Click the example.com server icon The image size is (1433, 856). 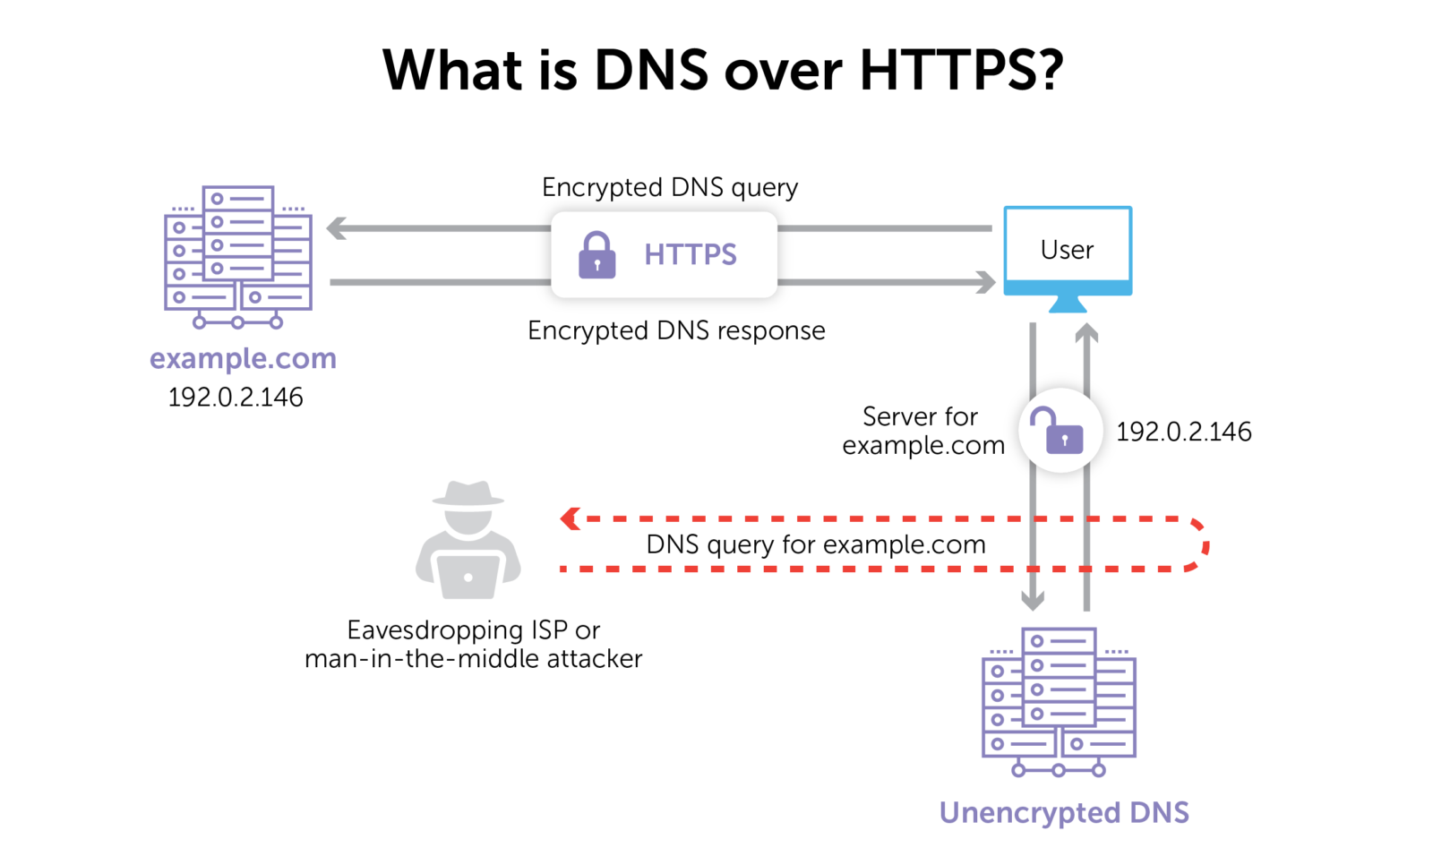coord(238,255)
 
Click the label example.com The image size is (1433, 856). coord(243,359)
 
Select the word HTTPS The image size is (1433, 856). coord(690,255)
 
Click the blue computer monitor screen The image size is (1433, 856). coord(1068,250)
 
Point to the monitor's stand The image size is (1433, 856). coord(1068,306)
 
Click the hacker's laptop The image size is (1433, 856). coord(468,576)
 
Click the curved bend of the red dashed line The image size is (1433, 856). coord(1203,544)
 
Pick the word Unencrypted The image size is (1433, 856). coord(1030,813)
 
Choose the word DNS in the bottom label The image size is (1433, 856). coord(1160,812)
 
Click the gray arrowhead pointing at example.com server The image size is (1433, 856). coord(336,228)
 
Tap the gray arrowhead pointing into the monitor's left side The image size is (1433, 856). coord(986,283)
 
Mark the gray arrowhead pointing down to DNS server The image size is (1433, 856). coord(1033,601)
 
